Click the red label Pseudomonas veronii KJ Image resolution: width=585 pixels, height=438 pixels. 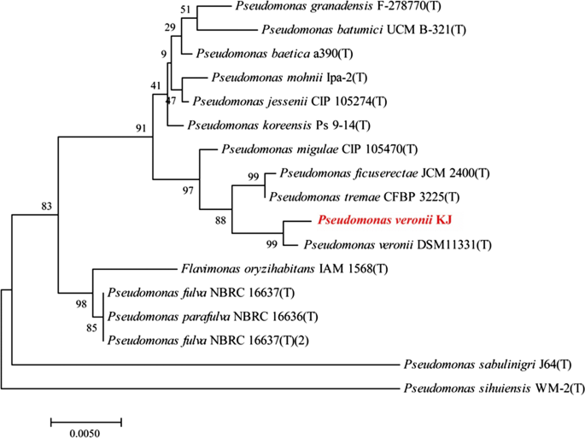(384, 220)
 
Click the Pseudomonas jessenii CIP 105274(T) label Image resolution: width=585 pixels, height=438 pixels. (290, 102)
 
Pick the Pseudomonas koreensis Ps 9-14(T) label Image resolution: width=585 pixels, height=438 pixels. (277, 126)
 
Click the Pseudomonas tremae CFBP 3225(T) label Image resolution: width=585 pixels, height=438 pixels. (364, 197)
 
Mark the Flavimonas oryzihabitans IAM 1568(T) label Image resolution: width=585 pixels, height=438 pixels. (284, 269)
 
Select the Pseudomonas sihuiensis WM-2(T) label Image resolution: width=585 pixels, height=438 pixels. (494, 389)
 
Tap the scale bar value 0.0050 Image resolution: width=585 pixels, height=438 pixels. (85, 433)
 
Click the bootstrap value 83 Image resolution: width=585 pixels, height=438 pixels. (46, 206)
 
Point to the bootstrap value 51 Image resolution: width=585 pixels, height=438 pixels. (186, 9)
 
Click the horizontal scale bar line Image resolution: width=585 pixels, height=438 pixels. (86, 419)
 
